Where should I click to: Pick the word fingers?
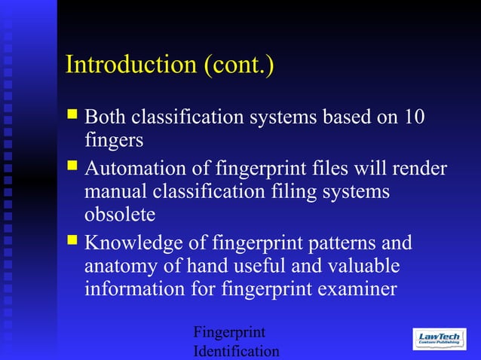point(113,141)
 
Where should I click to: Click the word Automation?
point(141,168)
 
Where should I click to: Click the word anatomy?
point(121,267)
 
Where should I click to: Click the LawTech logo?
point(440,338)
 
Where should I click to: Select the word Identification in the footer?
point(236,352)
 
